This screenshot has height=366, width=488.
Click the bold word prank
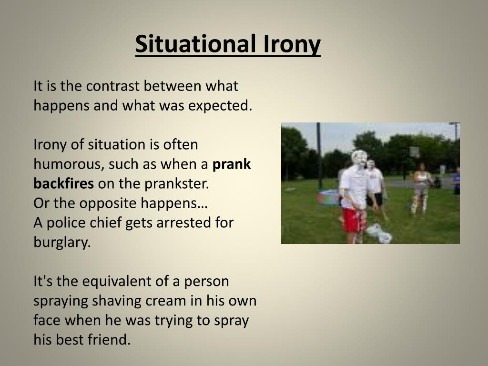coord(232,164)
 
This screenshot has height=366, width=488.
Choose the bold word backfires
coord(64,183)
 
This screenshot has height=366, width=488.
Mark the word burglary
coord(61,242)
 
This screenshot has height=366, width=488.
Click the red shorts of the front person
coord(354,219)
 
